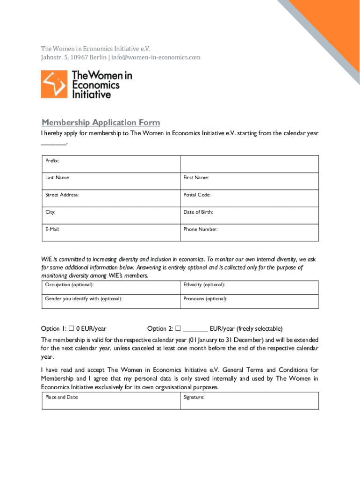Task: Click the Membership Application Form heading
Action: pos(101,123)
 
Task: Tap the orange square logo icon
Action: pos(54,84)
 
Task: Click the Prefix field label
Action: pos(52,160)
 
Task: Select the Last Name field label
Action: pos(58,178)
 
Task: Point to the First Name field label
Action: pos(196,178)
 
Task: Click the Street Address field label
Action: pos(62,195)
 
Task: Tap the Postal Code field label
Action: pos(197,195)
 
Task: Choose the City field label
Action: pos(50,212)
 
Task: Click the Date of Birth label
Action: pos(198,212)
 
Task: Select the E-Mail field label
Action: pos(52,229)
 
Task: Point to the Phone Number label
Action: pos(201,229)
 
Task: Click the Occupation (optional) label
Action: pos(69,284)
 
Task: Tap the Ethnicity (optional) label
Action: pos(204,284)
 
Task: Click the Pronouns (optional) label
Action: pos(205,298)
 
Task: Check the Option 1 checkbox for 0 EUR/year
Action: pos(72,328)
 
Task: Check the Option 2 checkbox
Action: pos(178,328)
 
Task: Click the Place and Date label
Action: pos(62,397)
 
